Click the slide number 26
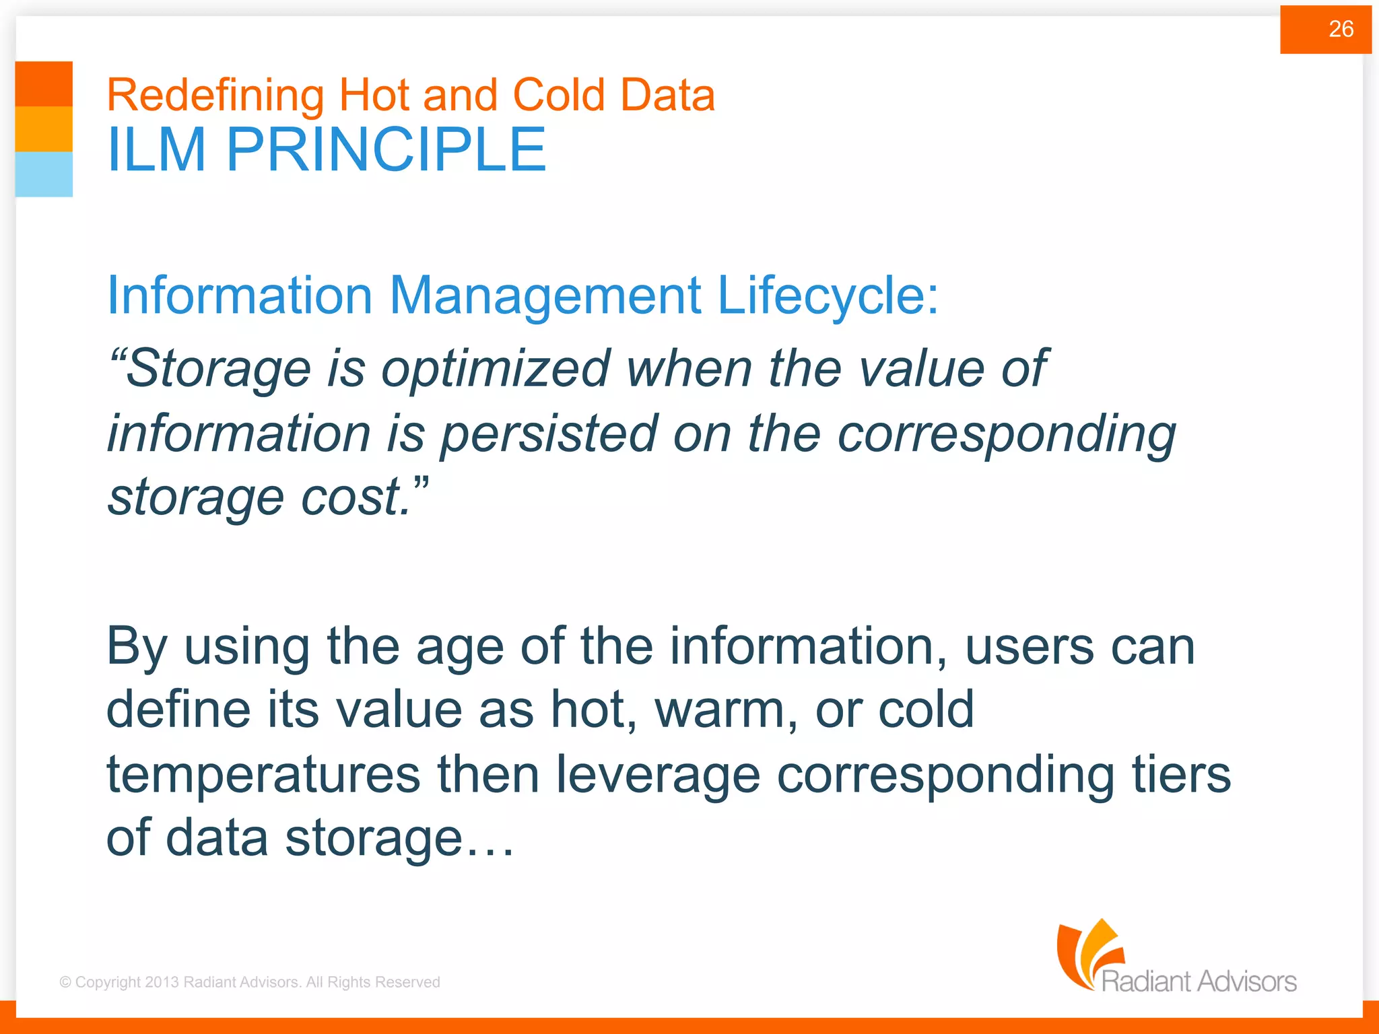point(1340,29)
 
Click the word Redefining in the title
point(215,95)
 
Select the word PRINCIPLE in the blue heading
point(385,150)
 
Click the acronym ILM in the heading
point(156,150)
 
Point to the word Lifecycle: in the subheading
point(827,296)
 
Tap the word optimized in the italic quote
point(496,369)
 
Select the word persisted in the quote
point(548,434)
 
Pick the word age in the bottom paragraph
point(459,646)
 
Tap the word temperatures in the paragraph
point(263,774)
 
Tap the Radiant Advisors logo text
point(1199,981)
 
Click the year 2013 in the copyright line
point(162,982)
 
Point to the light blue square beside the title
point(44,174)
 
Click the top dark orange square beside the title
point(44,83)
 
